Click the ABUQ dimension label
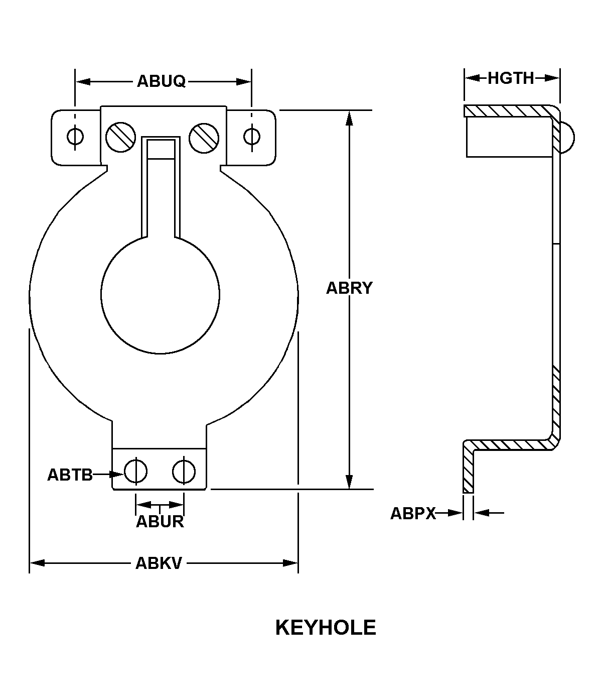[162, 81]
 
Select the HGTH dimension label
[511, 78]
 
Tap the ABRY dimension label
[349, 288]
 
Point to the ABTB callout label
[70, 475]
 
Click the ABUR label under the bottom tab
[160, 522]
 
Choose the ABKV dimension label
[159, 563]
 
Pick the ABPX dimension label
[413, 513]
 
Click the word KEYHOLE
[326, 628]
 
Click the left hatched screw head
[120, 137]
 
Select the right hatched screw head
[204, 137]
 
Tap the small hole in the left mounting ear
[75, 136]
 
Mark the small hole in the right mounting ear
[251, 136]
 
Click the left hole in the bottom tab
[135, 471]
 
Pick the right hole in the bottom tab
[184, 471]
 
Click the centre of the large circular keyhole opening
[160, 295]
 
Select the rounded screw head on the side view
[568, 137]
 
